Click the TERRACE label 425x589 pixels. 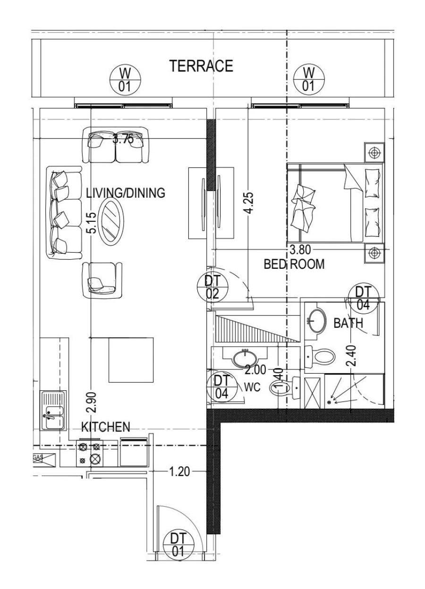point(202,66)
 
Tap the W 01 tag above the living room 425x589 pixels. point(125,79)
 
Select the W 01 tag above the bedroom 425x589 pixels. point(308,79)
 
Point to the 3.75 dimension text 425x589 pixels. point(123,139)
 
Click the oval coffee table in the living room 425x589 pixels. point(111,221)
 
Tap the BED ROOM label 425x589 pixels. point(294,264)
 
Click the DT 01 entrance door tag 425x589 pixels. point(178,545)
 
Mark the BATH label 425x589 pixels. point(348,324)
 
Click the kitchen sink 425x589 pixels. point(53,410)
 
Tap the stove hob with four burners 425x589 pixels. point(90,453)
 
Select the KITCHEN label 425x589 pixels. point(105,427)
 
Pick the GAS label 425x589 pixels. point(37,457)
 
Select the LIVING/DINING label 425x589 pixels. point(126,193)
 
